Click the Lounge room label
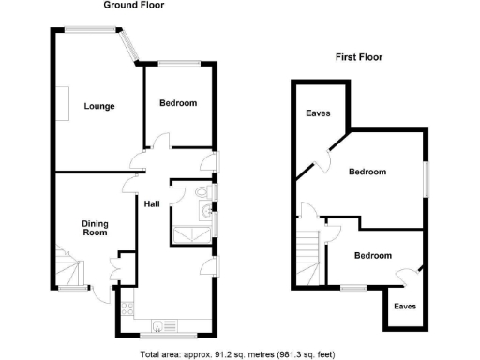98,106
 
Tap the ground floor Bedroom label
177,103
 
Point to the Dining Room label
96,229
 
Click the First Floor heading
359,57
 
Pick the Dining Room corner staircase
67,270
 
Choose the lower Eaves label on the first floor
404,306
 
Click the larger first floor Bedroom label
367,172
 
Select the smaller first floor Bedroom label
372,254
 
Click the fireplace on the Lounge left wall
58,103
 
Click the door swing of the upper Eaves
325,159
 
